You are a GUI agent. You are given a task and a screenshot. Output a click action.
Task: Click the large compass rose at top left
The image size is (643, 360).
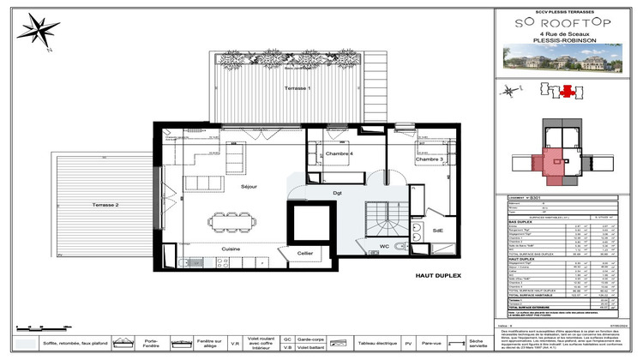pyautogui.click(x=39, y=33)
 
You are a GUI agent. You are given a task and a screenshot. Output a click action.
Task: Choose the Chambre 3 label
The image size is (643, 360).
pyautogui.click(x=429, y=159)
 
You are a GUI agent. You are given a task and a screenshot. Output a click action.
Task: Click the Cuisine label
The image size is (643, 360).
pyautogui.click(x=231, y=249)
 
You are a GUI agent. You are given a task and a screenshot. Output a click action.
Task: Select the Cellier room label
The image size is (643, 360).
pyautogui.click(x=305, y=253)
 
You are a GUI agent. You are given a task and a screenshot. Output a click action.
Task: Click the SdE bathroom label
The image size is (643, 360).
pyautogui.click(x=437, y=231)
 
